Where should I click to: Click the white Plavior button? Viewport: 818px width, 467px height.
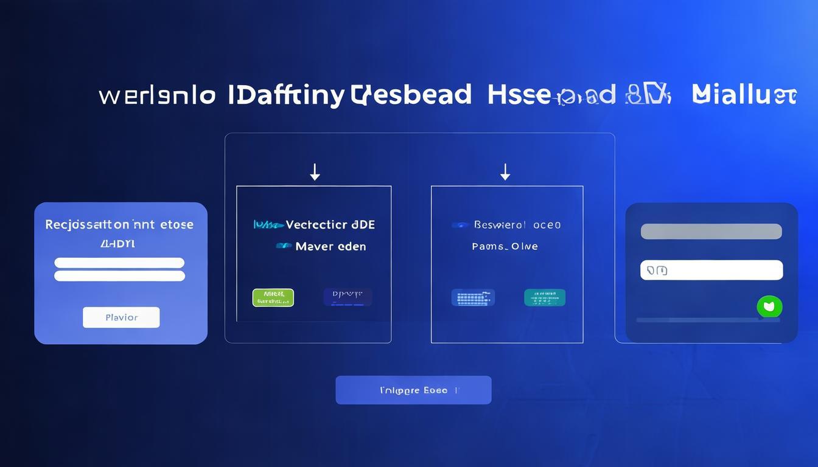click(121, 317)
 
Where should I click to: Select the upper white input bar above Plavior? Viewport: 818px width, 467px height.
click(119, 263)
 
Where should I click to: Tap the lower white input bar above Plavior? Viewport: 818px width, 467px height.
click(119, 276)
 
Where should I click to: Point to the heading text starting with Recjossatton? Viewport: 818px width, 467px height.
click(119, 224)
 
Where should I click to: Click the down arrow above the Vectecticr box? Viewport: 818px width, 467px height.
click(315, 172)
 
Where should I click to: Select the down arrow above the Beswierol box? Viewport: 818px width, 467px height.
click(505, 172)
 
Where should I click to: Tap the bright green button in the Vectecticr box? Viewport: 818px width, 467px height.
click(273, 297)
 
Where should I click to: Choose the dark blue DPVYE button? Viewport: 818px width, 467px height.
click(348, 297)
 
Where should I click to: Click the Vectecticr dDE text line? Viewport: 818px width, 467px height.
click(315, 225)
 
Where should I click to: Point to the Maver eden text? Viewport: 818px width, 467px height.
click(321, 246)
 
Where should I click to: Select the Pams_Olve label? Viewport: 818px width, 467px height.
click(505, 246)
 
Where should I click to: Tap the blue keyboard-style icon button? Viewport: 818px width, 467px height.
click(473, 297)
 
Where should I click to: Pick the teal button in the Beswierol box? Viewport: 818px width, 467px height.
click(544, 297)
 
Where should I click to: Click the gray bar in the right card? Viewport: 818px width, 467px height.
click(711, 232)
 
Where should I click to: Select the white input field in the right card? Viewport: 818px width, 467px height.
click(711, 270)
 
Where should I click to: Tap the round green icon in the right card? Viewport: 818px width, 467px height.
click(769, 306)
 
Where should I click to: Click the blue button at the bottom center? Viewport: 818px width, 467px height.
click(413, 390)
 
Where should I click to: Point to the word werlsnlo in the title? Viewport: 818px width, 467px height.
click(157, 96)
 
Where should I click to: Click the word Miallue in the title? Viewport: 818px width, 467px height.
click(744, 95)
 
